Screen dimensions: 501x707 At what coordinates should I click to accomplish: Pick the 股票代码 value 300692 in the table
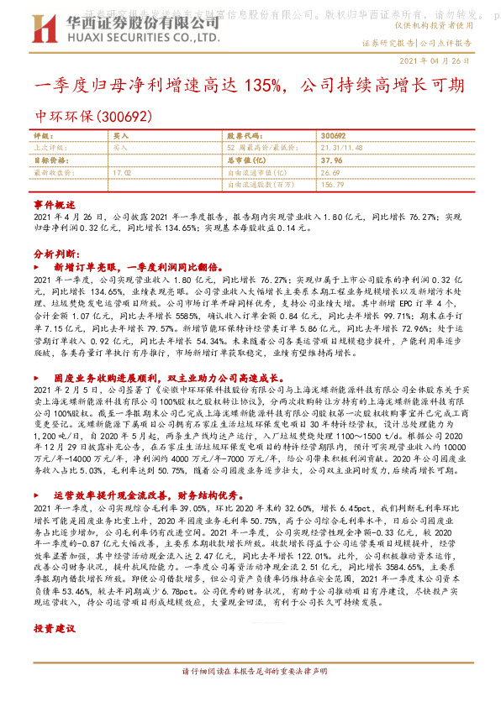coord(333,135)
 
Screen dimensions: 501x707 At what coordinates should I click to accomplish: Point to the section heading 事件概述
coord(54,205)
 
